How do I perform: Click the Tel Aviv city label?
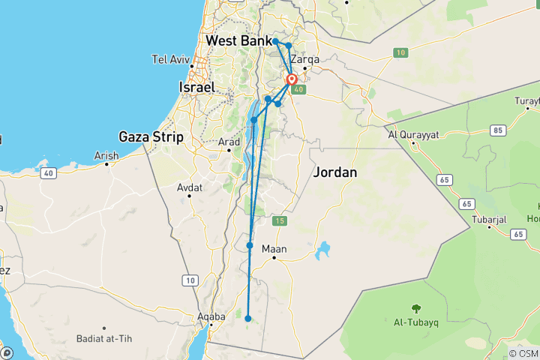[171, 59]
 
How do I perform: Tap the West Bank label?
[238, 40]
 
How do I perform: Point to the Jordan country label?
[334, 172]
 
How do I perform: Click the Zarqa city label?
[304, 59]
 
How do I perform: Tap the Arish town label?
[106, 156]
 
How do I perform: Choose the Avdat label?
[189, 188]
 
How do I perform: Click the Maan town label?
[275, 249]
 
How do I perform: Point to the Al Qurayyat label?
[413, 136]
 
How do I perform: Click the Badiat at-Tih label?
[104, 339]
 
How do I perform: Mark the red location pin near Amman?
[292, 79]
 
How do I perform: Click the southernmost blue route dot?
[248, 319]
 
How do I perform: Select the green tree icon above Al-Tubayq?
[415, 307]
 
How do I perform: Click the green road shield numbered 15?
[280, 220]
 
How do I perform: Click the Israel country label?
[197, 88]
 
